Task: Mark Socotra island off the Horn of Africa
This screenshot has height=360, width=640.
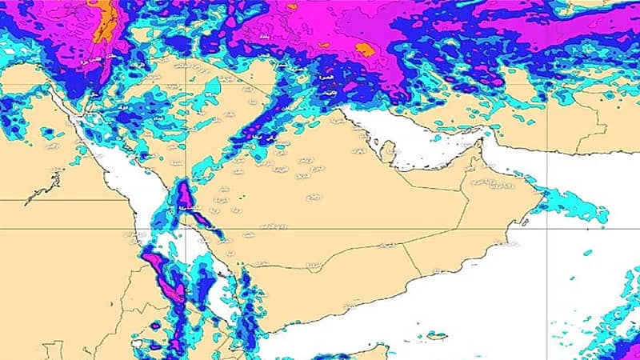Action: pos(437,335)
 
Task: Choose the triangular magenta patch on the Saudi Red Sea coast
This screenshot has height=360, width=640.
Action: pos(184,196)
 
